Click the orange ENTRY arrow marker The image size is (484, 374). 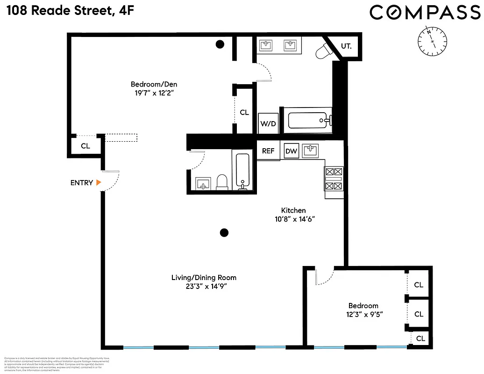coord(99,183)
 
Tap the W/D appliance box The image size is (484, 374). coord(269,123)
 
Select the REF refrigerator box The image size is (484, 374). coord(268,151)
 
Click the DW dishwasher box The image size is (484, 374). coord(292,151)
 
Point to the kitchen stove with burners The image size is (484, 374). coord(334,179)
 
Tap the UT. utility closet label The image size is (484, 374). coord(346,46)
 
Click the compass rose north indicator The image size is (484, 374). coord(433,41)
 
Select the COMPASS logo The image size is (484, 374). coord(425,13)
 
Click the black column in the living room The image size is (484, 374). coord(224,232)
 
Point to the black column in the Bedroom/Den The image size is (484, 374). coord(219,44)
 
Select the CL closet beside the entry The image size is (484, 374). coord(85,146)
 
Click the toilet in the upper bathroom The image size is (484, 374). coord(323,51)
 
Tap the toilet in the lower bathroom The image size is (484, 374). coord(222,182)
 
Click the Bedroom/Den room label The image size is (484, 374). coord(154,85)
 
